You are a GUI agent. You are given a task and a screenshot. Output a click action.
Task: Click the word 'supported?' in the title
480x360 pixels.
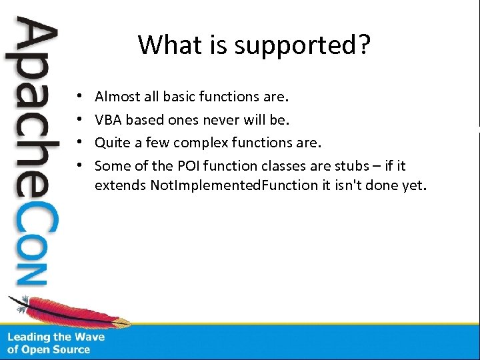point(313,46)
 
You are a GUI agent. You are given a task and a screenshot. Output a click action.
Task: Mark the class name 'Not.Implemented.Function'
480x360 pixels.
point(235,185)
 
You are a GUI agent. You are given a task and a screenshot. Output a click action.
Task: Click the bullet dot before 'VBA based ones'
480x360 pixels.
point(79,121)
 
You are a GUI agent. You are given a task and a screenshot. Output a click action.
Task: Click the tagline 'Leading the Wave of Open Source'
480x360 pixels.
point(56,343)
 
